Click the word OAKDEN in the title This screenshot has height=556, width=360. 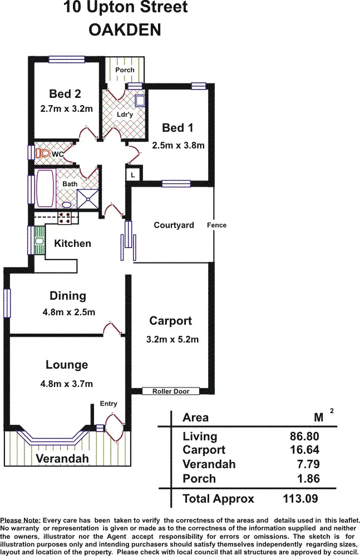click(x=125, y=30)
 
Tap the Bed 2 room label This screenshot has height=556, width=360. click(x=65, y=94)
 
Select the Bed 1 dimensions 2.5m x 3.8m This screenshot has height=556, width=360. click(x=178, y=146)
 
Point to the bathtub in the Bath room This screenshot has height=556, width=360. click(x=45, y=188)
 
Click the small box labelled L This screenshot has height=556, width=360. click(x=132, y=175)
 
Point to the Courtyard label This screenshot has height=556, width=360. click(x=174, y=225)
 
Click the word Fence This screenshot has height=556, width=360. click(x=216, y=225)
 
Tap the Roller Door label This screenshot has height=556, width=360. click(x=171, y=391)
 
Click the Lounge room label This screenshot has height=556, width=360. click(x=67, y=365)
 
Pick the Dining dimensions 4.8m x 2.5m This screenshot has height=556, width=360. click(x=68, y=312)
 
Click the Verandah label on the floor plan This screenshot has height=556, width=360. click(x=62, y=459)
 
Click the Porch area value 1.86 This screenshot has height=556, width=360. click(x=308, y=478)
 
